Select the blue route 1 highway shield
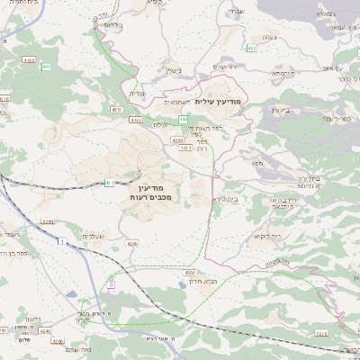[61, 242]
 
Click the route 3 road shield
[112, 283]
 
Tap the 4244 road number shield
[48, 220]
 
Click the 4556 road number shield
[189, 271]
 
